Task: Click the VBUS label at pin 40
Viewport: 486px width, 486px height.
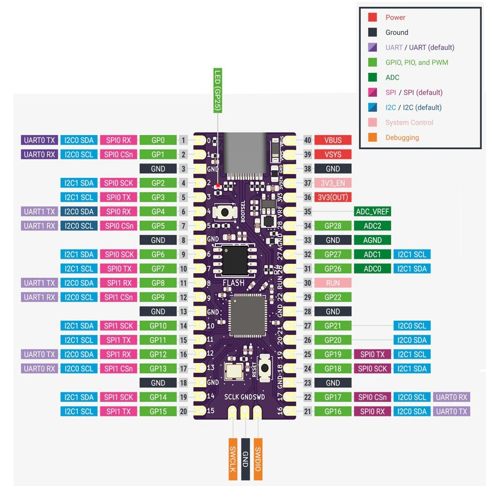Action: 333,140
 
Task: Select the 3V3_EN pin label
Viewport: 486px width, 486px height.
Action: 333,183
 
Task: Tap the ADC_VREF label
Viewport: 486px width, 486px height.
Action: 372,211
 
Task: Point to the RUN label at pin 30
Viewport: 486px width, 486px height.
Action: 333,283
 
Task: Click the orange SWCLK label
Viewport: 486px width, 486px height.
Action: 233,459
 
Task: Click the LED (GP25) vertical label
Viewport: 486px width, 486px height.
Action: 217,91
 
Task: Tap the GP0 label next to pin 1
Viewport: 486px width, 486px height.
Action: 158,140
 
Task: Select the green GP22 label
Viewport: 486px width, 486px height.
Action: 333,297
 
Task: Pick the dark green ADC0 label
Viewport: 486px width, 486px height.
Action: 372,269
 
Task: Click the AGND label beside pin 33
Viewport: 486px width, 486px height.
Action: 372,240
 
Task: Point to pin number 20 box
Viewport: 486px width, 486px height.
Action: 183,412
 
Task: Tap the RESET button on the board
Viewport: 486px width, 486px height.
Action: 265,367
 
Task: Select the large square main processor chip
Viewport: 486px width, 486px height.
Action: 248,316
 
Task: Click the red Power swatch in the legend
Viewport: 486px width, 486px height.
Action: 372,17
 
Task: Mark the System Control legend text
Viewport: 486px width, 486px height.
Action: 409,122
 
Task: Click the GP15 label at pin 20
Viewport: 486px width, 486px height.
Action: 158,412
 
